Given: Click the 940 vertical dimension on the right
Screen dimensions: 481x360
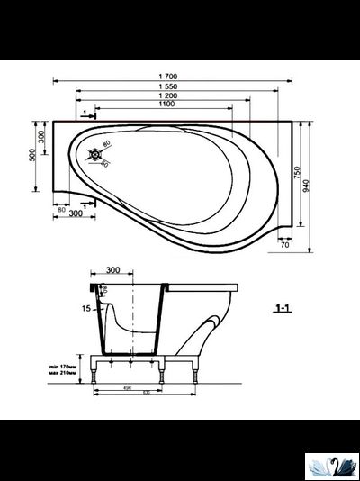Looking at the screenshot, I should tap(310, 185).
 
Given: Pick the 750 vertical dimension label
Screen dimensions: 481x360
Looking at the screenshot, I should tap(297, 175).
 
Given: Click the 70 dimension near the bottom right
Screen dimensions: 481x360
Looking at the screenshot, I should tap(284, 244).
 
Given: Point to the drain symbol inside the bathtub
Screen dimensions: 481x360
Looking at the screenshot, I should tap(93, 155).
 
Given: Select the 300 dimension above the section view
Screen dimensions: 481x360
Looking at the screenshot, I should tap(112, 269).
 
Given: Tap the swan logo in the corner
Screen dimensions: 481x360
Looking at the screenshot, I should tap(331, 466).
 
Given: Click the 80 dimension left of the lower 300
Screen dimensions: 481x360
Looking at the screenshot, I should tap(61, 209).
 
